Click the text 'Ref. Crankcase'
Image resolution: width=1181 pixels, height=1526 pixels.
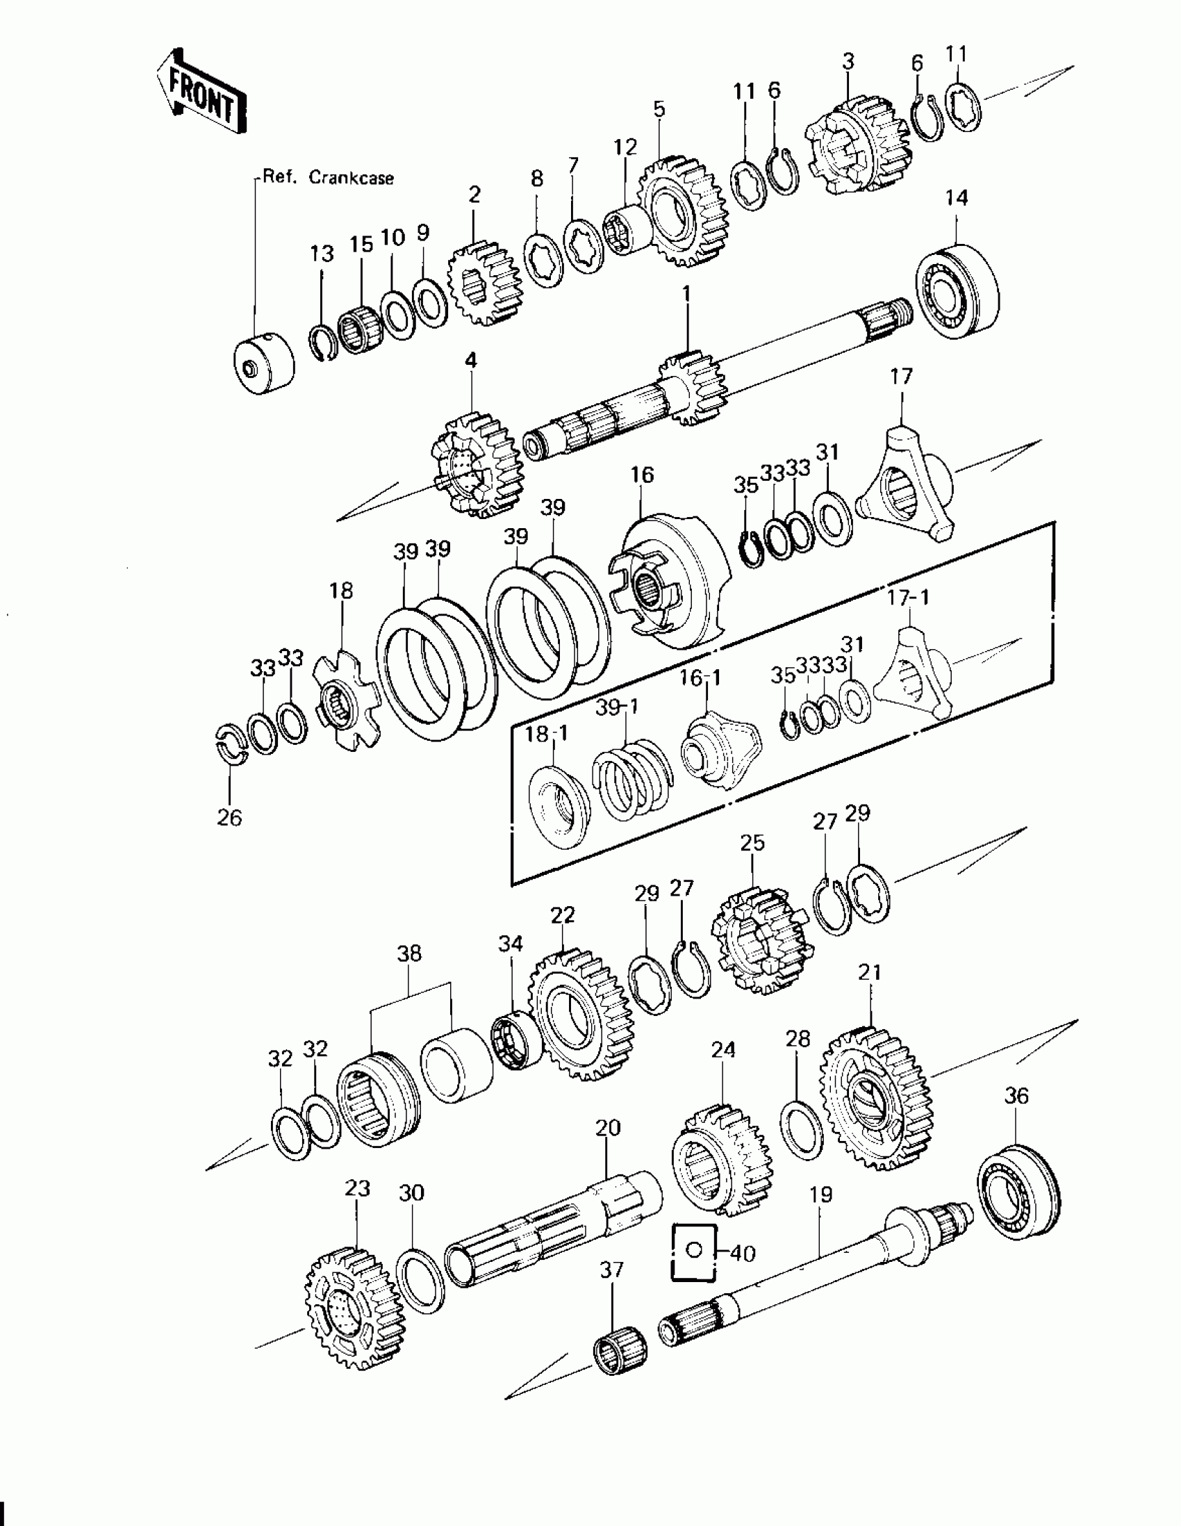[327, 178]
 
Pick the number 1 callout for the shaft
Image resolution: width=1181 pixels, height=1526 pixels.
[686, 295]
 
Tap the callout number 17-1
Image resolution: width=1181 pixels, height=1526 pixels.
[909, 598]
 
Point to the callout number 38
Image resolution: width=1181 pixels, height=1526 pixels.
[409, 953]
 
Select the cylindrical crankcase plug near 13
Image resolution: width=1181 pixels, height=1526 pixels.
[263, 366]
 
